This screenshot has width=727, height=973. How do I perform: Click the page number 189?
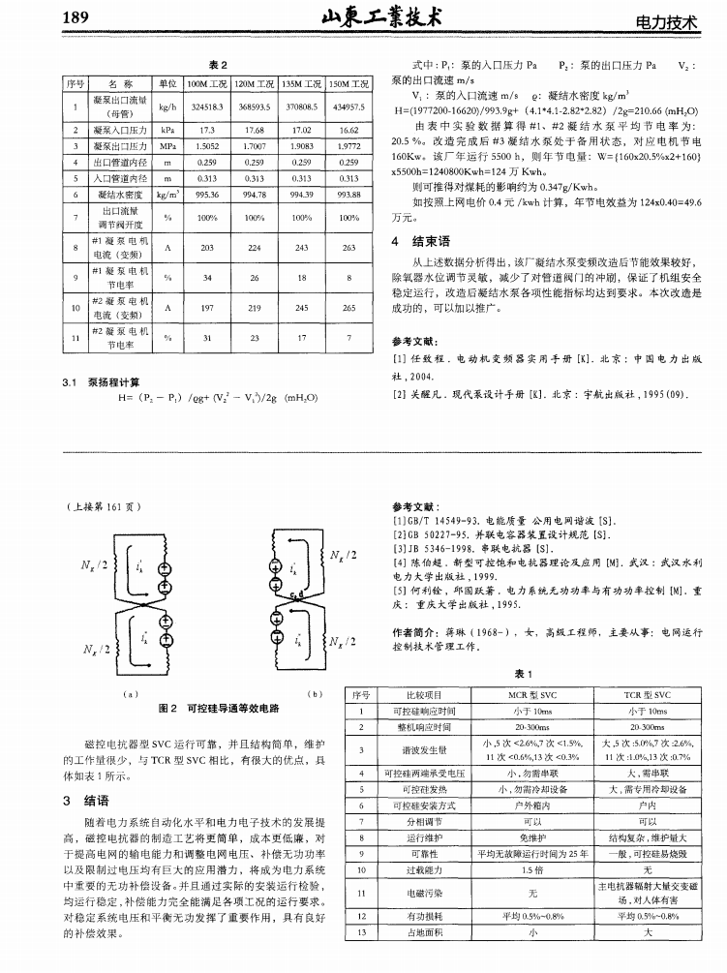[76, 18]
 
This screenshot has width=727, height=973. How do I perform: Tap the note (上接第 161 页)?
[105, 507]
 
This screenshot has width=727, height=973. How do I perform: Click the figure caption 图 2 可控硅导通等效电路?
[219, 709]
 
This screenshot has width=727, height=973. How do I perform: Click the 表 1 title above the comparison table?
[524, 674]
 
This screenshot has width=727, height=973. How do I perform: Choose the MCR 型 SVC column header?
[532, 695]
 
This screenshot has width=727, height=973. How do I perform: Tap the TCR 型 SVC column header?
[649, 695]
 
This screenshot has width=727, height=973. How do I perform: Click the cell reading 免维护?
[532, 836]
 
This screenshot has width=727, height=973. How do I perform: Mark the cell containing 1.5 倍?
[532, 870]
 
